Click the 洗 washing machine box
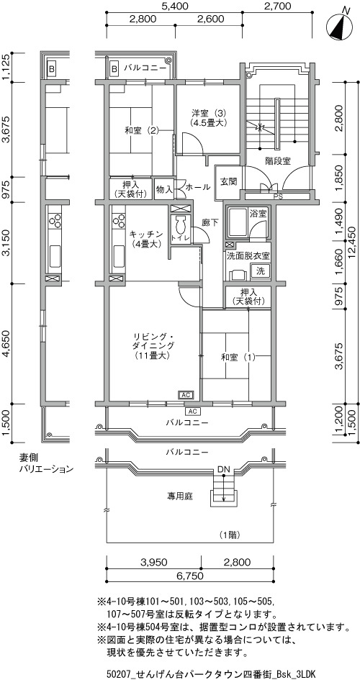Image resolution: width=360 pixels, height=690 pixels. click(x=261, y=271)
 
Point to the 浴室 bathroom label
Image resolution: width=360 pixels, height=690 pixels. click(x=258, y=214)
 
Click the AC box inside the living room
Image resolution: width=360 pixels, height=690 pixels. click(x=185, y=395)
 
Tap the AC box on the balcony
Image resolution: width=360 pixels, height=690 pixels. click(x=192, y=412)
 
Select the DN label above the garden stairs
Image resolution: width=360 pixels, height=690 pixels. click(x=223, y=469)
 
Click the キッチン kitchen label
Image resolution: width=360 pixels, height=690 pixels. click(x=147, y=238)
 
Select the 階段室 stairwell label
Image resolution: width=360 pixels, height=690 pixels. click(x=278, y=161)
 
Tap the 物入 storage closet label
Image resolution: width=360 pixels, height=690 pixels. click(x=164, y=190)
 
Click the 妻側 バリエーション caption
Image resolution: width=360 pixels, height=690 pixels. click(x=45, y=463)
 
